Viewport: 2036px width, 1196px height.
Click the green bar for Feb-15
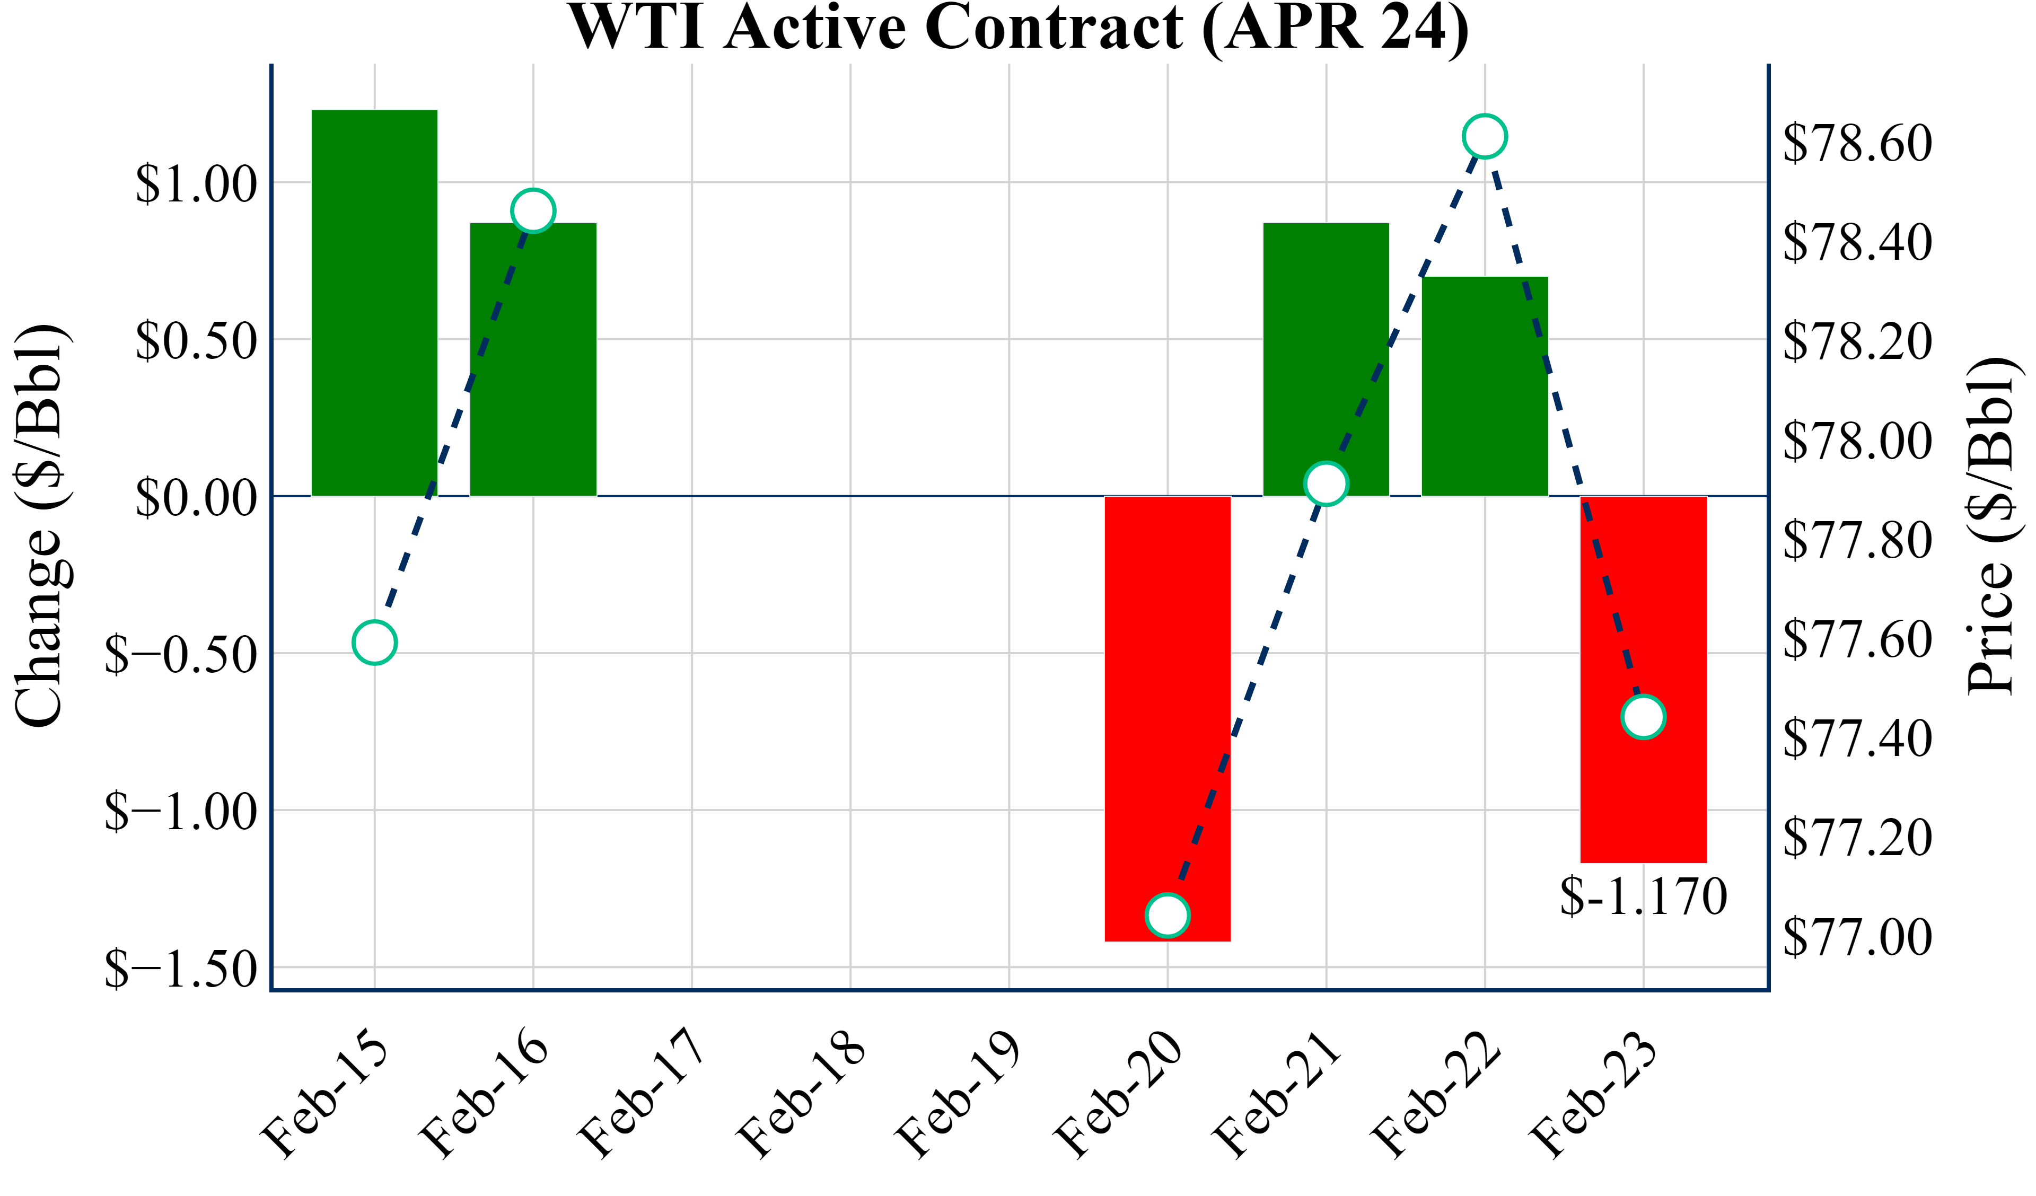click(374, 303)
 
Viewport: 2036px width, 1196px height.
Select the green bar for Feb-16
click(533, 359)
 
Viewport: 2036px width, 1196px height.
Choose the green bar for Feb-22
click(1485, 386)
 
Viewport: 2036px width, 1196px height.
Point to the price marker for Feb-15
click(374, 643)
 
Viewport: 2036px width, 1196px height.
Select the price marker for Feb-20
click(1168, 916)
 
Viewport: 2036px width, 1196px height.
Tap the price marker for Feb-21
click(1326, 484)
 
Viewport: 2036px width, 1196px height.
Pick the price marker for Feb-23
click(1643, 717)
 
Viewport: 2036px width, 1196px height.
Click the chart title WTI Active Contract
click(1018, 28)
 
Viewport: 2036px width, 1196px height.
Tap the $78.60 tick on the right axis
click(1857, 143)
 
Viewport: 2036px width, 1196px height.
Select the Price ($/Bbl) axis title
click(1991, 525)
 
